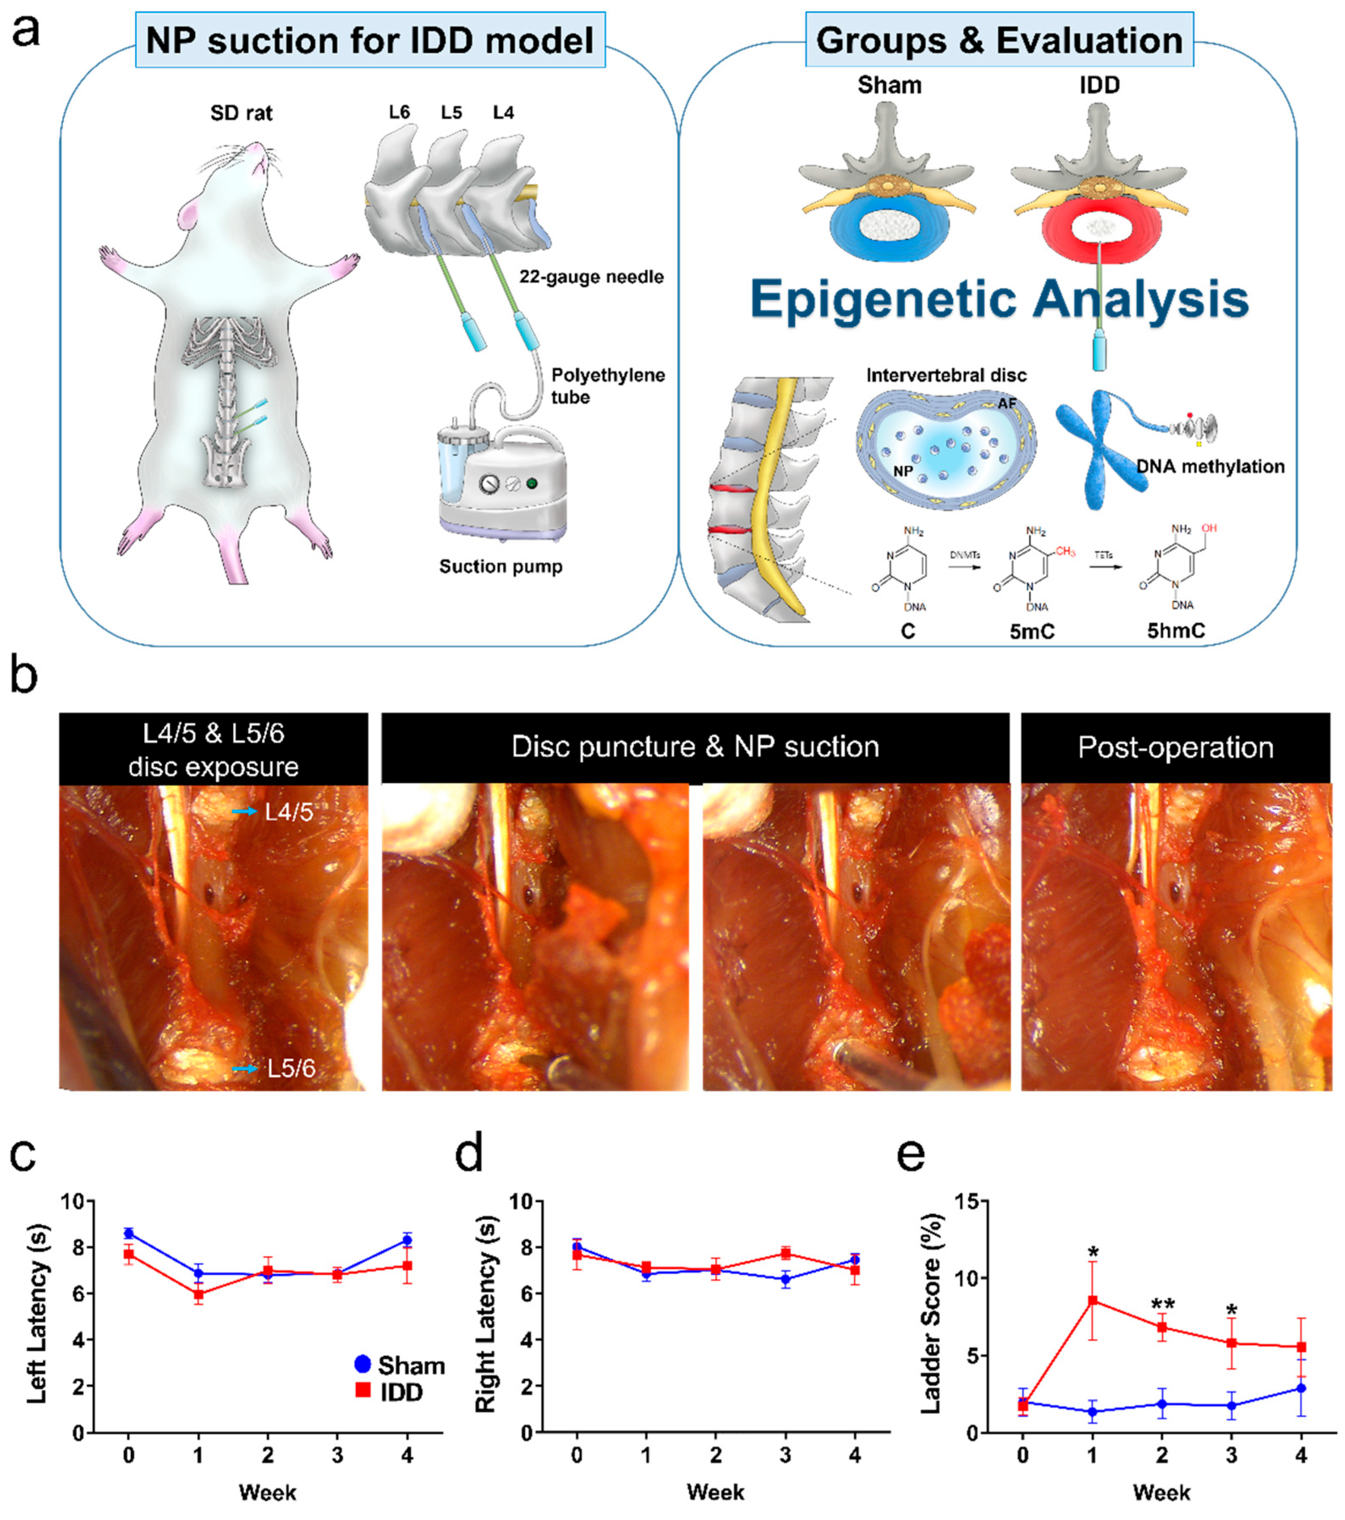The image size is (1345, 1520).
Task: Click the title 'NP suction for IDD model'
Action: pyautogui.click(x=369, y=40)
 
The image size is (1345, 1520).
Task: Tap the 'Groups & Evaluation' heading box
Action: pyautogui.click(x=999, y=40)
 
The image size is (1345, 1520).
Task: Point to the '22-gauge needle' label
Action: pyautogui.click(x=591, y=276)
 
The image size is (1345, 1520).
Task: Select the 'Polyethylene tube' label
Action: pyautogui.click(x=608, y=385)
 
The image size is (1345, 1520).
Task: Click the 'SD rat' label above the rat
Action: pyautogui.click(x=241, y=113)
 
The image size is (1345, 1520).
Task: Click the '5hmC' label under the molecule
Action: pyautogui.click(x=1175, y=630)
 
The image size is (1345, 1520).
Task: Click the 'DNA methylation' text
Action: pyautogui.click(x=1210, y=466)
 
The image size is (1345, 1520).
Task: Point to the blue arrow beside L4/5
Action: pyautogui.click(x=245, y=812)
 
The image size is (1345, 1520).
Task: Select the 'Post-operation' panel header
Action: pyautogui.click(x=1175, y=748)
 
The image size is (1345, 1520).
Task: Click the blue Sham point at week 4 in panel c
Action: pyautogui.click(x=407, y=1240)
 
